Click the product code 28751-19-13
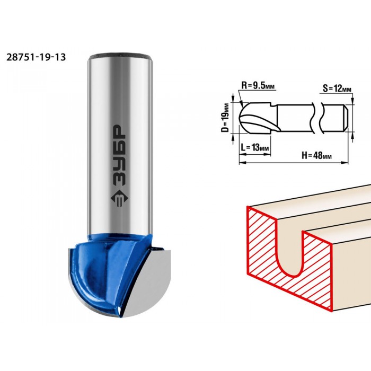tap(36, 57)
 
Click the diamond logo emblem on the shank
tap(119, 199)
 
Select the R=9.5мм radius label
tap(258, 85)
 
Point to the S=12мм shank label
tap(337, 89)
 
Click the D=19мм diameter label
tap(226, 118)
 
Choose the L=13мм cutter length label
tap(255, 148)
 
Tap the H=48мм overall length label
tap(316, 155)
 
